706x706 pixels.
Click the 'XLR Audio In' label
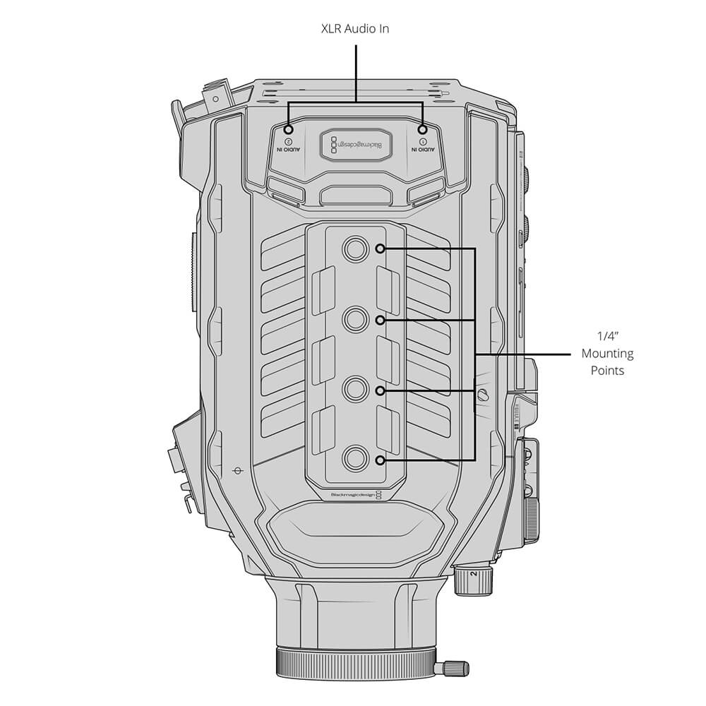[355, 29]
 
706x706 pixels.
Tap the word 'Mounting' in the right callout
[607, 354]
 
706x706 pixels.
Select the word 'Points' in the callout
[607, 371]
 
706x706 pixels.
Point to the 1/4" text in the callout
[607, 337]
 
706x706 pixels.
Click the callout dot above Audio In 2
[289, 130]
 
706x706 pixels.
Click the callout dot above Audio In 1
[422, 130]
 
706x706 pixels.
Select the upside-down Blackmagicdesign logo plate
[355, 145]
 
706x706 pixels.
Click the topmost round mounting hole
[354, 249]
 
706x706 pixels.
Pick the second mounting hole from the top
[354, 320]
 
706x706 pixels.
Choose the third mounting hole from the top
[354, 390]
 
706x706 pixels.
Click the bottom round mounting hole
[354, 460]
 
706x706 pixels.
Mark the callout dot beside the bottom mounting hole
[381, 460]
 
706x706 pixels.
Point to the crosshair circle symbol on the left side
[237, 469]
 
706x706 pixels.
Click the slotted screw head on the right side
[483, 394]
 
